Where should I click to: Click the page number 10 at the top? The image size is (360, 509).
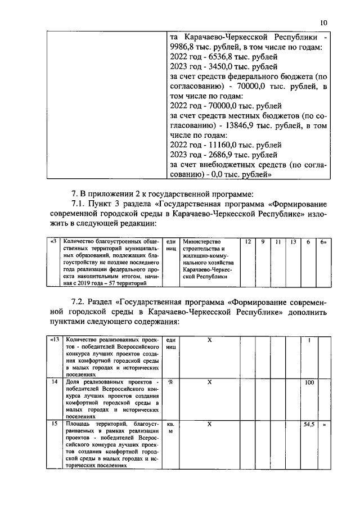(323, 23)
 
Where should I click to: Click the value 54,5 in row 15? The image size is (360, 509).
(309, 425)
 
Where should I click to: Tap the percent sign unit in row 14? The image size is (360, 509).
(170, 382)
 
